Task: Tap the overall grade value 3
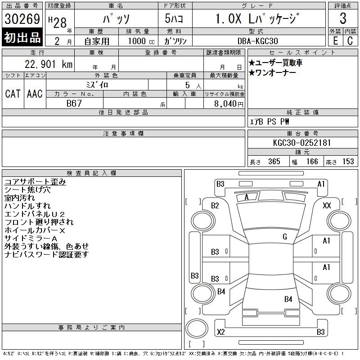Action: click(x=343, y=19)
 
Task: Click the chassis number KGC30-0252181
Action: click(x=302, y=143)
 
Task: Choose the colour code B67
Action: click(x=74, y=103)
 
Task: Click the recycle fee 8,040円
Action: click(x=229, y=103)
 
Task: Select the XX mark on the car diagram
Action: click(x=327, y=206)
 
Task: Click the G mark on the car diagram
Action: click(x=285, y=237)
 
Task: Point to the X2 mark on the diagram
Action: click(x=221, y=333)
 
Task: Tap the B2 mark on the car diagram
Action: click(x=215, y=206)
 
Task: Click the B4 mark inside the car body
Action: click(x=288, y=299)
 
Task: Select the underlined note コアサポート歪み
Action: click(x=35, y=182)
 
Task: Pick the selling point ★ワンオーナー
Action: click(x=272, y=73)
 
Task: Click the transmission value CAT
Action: click(x=13, y=94)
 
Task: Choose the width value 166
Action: click(x=312, y=162)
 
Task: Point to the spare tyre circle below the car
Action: click(x=194, y=327)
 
